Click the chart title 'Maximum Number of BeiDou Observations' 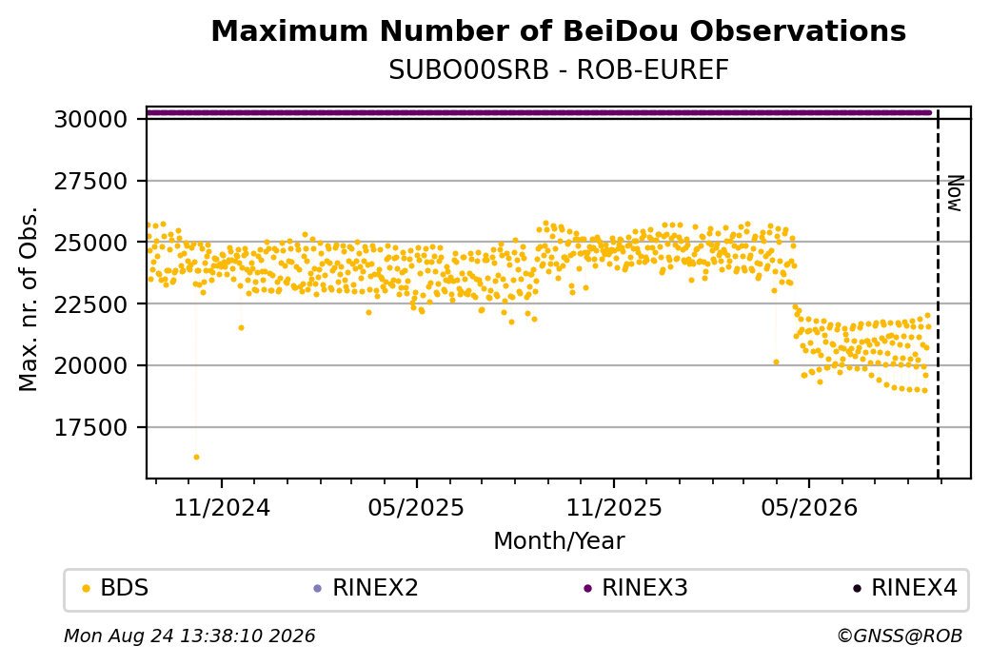pos(558,30)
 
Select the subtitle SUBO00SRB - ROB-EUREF pos(558,70)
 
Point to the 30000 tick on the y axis pos(91,119)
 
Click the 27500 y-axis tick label pos(91,181)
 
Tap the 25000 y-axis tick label pos(91,243)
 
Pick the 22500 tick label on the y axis pos(91,304)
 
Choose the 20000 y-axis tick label pos(91,366)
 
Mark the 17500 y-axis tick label pos(91,428)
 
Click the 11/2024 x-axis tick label pos(222,507)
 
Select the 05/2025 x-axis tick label pos(416,507)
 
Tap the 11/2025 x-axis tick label pos(614,507)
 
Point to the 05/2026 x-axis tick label pos(809,507)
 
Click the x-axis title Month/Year pos(559,540)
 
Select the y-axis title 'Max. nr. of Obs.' pos(29,299)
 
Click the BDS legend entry pos(115,588)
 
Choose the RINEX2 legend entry pos(366,588)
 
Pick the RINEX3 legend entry pos(636,588)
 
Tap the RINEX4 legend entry pos(905,588)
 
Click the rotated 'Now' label pos(956,193)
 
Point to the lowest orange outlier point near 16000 pos(196,457)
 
